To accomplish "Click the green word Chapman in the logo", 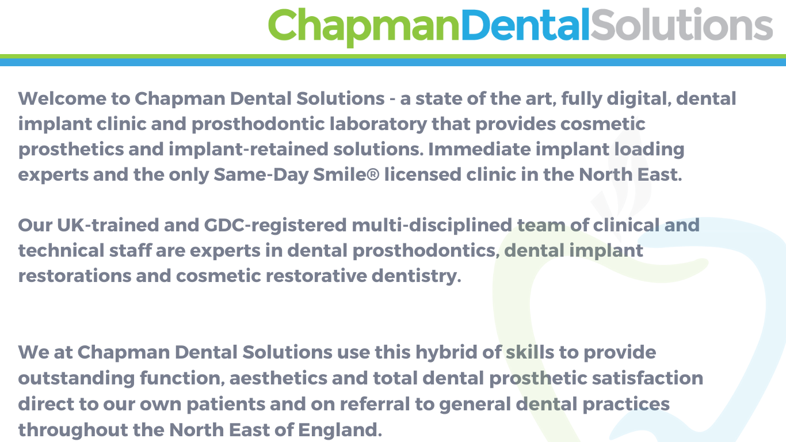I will [364, 25].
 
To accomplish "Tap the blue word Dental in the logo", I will [525, 25].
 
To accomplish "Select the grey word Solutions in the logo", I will [681, 25].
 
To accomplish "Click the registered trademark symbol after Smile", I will [373, 174].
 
